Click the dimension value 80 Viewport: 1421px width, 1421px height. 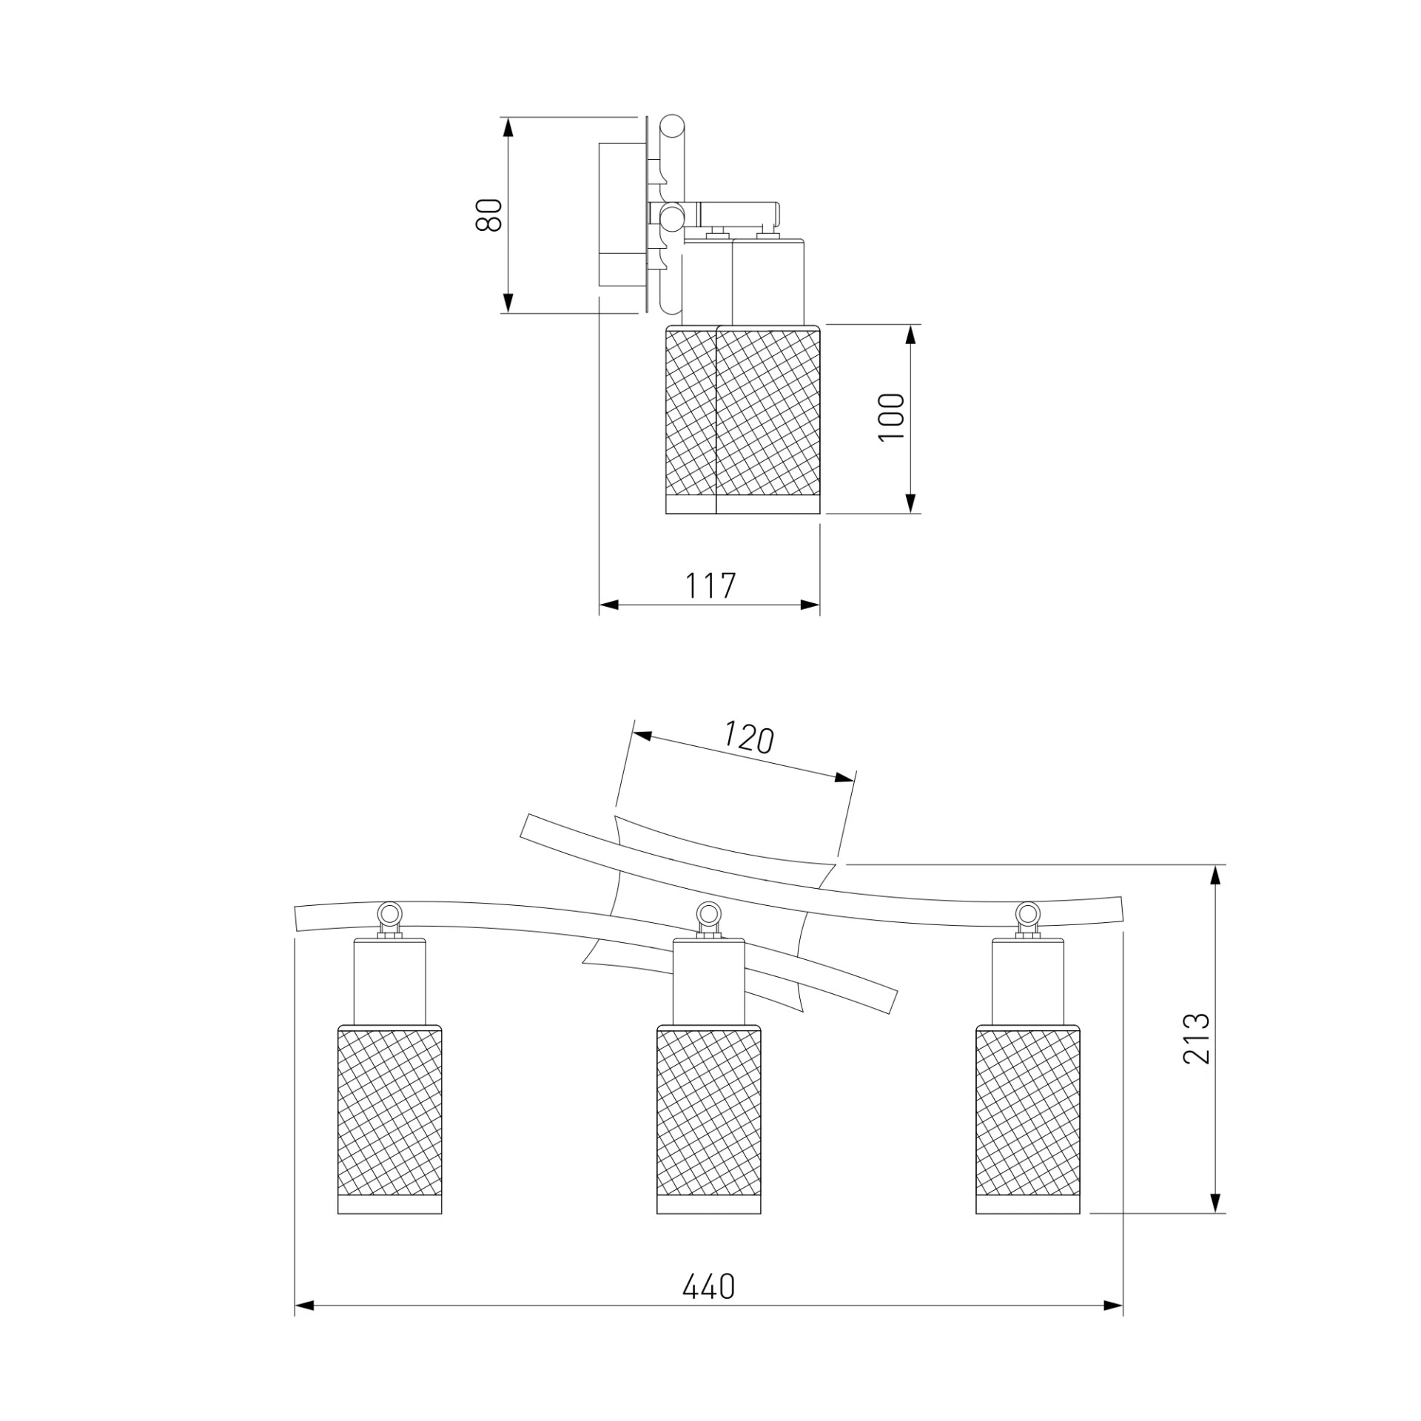coord(489,215)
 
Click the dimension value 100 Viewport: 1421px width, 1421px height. coord(891,417)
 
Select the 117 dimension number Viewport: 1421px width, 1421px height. coord(710,586)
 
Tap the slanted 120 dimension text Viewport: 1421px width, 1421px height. coord(748,738)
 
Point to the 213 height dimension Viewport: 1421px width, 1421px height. coord(1195,1038)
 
